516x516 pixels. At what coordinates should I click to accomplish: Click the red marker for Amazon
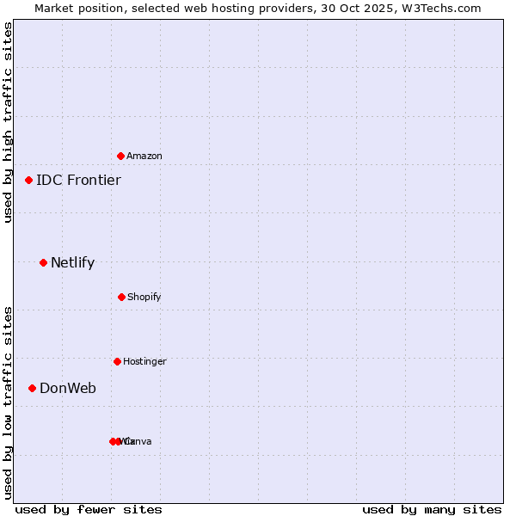[121, 156]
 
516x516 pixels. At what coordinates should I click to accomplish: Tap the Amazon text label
[144, 157]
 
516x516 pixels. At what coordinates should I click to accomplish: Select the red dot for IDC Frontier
[29, 180]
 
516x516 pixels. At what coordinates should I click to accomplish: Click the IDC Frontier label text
[78, 181]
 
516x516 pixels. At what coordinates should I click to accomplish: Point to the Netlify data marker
[44, 262]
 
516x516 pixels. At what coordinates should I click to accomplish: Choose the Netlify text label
[72, 263]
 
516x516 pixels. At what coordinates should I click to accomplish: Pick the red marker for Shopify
[122, 297]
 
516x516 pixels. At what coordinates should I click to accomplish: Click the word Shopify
[144, 298]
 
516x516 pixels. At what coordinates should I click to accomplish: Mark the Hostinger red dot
[118, 361]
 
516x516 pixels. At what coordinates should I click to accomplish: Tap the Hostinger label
[144, 362]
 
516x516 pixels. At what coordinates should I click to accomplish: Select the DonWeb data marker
[33, 388]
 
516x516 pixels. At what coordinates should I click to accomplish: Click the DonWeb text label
[68, 389]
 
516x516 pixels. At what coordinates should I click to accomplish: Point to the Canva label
[140, 442]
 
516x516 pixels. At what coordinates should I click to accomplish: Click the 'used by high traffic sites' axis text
[9, 122]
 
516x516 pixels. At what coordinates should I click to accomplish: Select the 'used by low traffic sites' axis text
[9, 402]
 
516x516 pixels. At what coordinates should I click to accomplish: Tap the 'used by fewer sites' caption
[89, 510]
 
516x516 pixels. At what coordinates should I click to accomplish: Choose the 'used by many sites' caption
[432, 510]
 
